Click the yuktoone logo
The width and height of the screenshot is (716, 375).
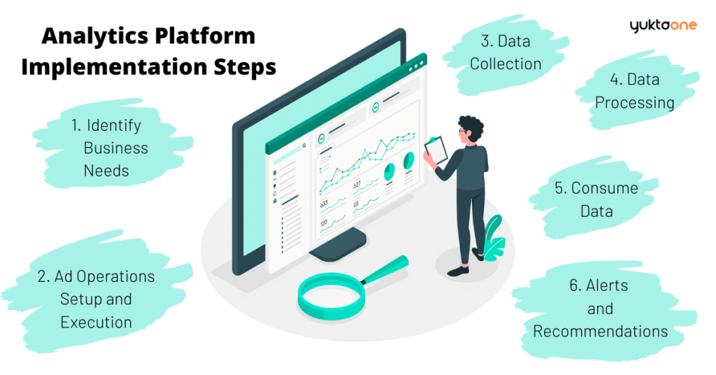pyautogui.click(x=662, y=26)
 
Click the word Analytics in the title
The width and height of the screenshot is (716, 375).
pyautogui.click(x=89, y=36)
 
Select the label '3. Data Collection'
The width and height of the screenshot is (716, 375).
pyautogui.click(x=505, y=52)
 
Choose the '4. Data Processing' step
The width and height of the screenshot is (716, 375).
pyautogui.click(x=634, y=91)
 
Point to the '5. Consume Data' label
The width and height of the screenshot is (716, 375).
pyautogui.click(x=596, y=199)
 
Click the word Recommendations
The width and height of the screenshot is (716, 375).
pyautogui.click(x=600, y=331)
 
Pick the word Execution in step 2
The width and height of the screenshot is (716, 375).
pyautogui.click(x=96, y=323)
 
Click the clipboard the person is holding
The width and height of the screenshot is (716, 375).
pyautogui.click(x=436, y=148)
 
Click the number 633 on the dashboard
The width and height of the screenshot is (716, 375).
pyautogui.click(x=324, y=204)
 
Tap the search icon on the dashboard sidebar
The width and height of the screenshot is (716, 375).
pyautogui.click(x=305, y=146)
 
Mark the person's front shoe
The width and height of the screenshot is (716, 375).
pyautogui.click(x=459, y=270)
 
